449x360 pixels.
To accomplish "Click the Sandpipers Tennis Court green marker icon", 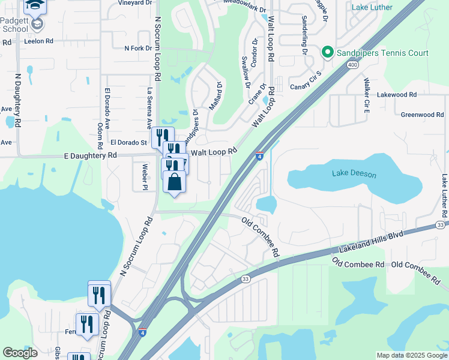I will (x=328, y=53).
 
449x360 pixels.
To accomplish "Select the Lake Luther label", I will (x=372, y=7).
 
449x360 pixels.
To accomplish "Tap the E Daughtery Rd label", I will (x=90, y=155).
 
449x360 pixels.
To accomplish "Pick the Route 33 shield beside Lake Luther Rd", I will (x=441, y=224).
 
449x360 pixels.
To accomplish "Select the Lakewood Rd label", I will (x=396, y=95).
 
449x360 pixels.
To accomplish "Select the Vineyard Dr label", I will (x=135, y=2).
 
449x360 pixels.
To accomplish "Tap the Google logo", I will (x=20, y=353).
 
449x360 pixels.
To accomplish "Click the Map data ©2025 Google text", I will (x=411, y=355).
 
